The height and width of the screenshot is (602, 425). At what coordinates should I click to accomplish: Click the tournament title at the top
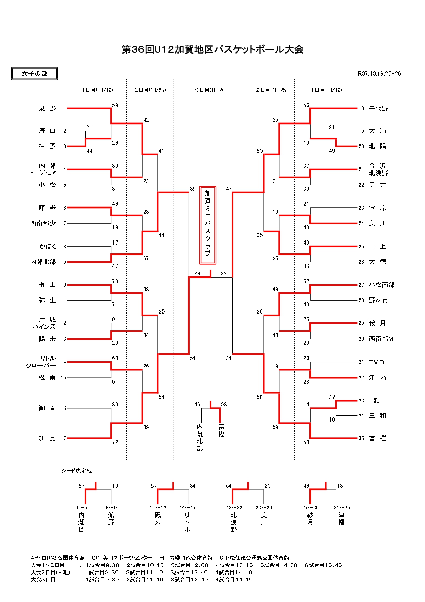[212, 49]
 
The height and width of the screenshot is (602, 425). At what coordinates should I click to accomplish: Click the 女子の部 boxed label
[34, 74]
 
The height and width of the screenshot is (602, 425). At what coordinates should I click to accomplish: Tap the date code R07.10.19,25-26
[379, 74]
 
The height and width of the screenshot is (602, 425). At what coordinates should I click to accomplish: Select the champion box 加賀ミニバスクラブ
[208, 225]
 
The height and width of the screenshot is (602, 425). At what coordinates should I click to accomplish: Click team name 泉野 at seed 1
[47, 108]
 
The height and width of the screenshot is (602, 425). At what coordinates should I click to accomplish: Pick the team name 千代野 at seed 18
[378, 108]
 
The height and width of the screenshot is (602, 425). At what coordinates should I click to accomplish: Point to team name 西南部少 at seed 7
[43, 223]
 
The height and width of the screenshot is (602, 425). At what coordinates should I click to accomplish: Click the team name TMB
[376, 362]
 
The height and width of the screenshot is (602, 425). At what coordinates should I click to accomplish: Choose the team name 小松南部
[381, 285]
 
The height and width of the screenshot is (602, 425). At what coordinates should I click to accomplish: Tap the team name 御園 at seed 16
[47, 408]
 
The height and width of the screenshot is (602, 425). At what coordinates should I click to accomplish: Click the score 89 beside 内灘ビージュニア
[115, 166]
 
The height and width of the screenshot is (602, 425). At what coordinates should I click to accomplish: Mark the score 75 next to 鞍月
[306, 320]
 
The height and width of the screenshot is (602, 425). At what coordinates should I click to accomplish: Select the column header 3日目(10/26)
[211, 90]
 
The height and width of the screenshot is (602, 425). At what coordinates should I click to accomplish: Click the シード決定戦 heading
[76, 471]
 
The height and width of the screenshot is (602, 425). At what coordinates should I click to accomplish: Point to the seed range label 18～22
[234, 508]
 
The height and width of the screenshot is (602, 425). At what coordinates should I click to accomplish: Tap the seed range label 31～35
[342, 508]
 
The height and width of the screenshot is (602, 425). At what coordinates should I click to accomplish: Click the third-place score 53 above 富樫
[224, 405]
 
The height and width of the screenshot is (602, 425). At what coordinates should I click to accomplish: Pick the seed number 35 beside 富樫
[361, 438]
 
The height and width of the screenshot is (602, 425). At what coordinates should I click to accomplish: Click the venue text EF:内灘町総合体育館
[186, 558]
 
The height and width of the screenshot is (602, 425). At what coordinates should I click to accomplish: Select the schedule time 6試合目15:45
[323, 565]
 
